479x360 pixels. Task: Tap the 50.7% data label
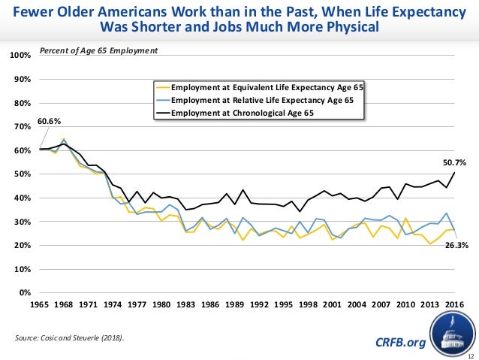454,162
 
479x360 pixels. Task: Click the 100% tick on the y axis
20,56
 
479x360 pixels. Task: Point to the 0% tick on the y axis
24,292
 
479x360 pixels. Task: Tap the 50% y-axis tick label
23,174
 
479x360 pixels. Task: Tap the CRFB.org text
399,343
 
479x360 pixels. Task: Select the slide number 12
470,354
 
